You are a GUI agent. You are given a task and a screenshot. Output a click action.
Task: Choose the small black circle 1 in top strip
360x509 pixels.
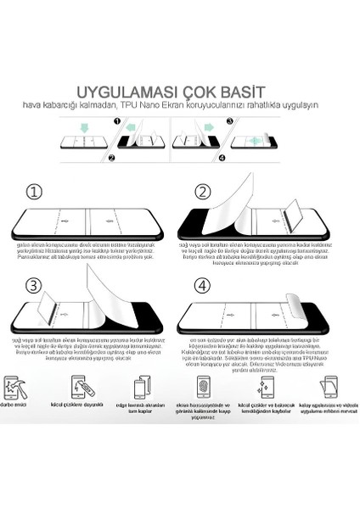coord(118,121)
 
